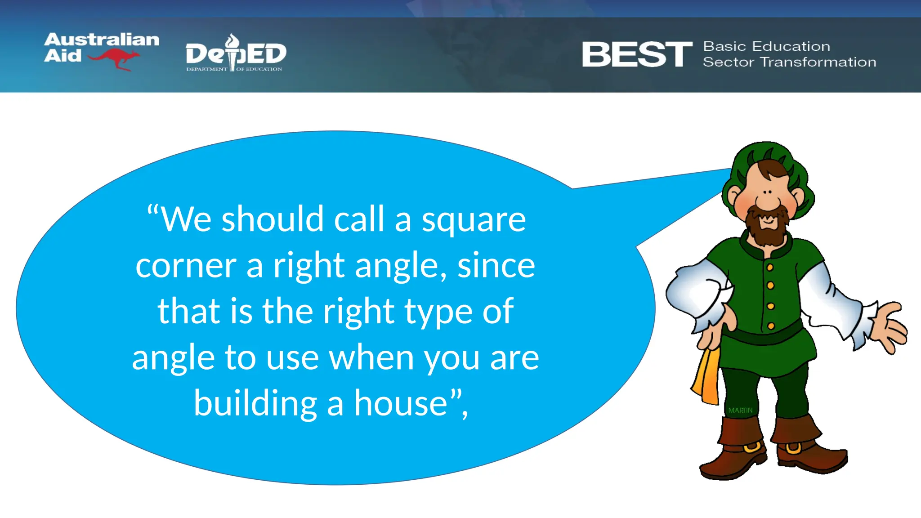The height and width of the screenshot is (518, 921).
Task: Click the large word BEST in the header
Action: pyautogui.click(x=637, y=54)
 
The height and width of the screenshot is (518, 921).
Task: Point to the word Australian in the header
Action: pyautogui.click(x=102, y=40)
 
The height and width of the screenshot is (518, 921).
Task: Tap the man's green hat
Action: pyautogui.click(x=767, y=155)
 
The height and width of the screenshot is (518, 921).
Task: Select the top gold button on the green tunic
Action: pyautogui.click(x=770, y=268)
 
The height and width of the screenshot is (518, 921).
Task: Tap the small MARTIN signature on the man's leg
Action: pyautogui.click(x=740, y=411)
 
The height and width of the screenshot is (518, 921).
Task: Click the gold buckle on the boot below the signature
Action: pyautogui.click(x=751, y=448)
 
